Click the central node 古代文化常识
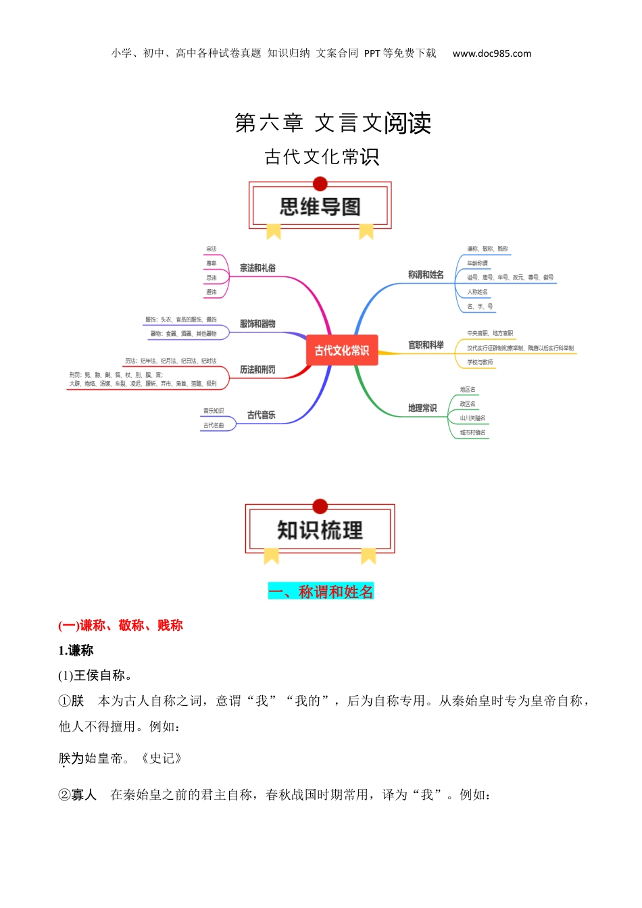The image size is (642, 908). click(x=342, y=350)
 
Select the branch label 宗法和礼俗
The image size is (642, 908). click(x=257, y=268)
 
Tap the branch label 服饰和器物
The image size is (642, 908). click(x=257, y=324)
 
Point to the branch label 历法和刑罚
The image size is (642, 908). click(x=257, y=370)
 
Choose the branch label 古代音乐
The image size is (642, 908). click(x=261, y=415)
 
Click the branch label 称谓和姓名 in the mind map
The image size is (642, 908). click(x=426, y=275)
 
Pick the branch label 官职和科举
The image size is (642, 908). click(x=426, y=345)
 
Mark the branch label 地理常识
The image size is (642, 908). click(x=422, y=408)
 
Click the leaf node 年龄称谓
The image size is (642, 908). click(x=477, y=263)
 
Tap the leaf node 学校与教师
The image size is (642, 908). click(x=480, y=362)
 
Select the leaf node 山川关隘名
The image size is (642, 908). click(x=472, y=418)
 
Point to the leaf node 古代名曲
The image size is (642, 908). click(x=214, y=426)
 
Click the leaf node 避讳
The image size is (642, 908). click(x=212, y=292)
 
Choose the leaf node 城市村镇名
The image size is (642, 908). click(x=472, y=432)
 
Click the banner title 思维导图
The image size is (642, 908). click(x=320, y=207)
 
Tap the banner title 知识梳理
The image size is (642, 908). click(x=320, y=530)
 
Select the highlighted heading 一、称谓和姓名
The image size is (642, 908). click(x=321, y=592)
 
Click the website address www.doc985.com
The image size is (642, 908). click(x=492, y=53)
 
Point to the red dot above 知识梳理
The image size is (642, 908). click(x=320, y=506)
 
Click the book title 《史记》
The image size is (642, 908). click(x=161, y=758)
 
